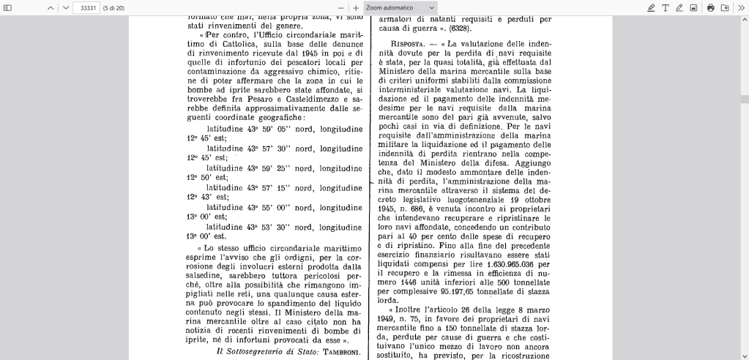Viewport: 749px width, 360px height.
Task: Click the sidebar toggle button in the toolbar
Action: click(x=8, y=7)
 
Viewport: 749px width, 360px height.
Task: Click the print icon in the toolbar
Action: click(x=710, y=7)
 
